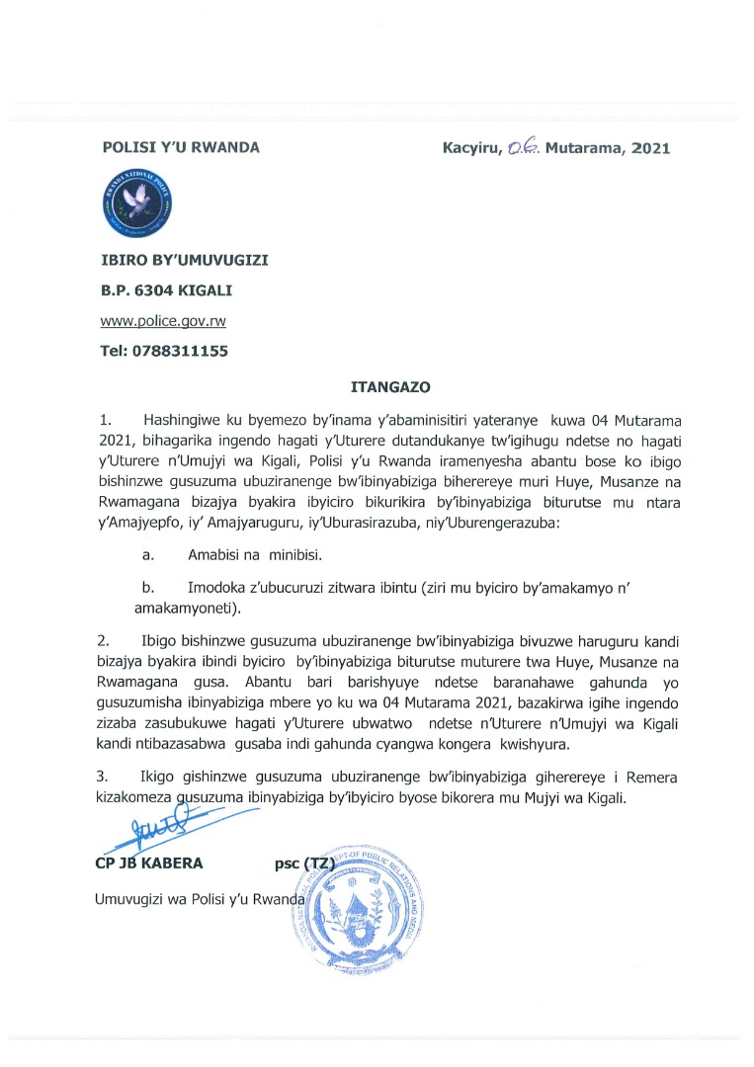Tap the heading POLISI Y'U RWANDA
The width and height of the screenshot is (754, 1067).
coord(181,147)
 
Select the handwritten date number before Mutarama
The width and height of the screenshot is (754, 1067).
coord(522,148)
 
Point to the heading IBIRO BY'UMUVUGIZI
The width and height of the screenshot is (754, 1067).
coord(185,260)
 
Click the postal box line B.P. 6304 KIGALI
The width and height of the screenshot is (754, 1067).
coord(167,290)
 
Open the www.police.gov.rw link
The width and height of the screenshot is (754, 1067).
coord(155,321)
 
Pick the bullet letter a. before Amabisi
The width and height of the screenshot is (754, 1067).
coord(147,556)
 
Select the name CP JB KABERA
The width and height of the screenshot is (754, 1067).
coord(148,863)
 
